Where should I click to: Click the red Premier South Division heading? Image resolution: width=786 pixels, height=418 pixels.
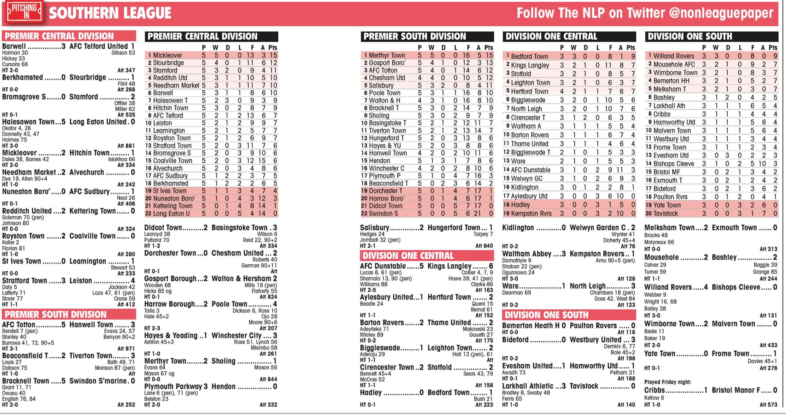pyautogui.click(x=56, y=314)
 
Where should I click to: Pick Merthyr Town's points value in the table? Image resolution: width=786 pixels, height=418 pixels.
pyautogui.click(x=489, y=55)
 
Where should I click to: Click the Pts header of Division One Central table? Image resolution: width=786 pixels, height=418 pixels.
pyautogui.click(x=631, y=48)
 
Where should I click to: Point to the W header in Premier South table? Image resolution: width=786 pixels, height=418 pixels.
pyautogui.click(x=431, y=48)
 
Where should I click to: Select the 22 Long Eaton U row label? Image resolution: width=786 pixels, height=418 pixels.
pyautogui.click(x=167, y=213)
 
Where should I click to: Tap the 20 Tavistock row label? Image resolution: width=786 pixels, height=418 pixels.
pyautogui.click(x=661, y=213)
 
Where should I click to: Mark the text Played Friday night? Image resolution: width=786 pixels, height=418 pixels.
pyautogui.click(x=667, y=382)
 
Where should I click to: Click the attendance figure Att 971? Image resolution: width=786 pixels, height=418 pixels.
pyautogui.click(x=126, y=349)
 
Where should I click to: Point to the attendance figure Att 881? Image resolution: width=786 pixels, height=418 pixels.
pyautogui.click(x=126, y=146)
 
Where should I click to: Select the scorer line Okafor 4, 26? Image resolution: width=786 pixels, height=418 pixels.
pyautogui.click(x=16, y=128)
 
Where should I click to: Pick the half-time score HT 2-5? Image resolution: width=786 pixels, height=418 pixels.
pyautogui.click(x=367, y=290)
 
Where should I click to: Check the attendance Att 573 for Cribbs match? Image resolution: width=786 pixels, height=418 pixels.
pyautogui.click(x=768, y=405)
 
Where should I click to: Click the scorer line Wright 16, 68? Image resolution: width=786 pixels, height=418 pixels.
pyautogui.click(x=660, y=302)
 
